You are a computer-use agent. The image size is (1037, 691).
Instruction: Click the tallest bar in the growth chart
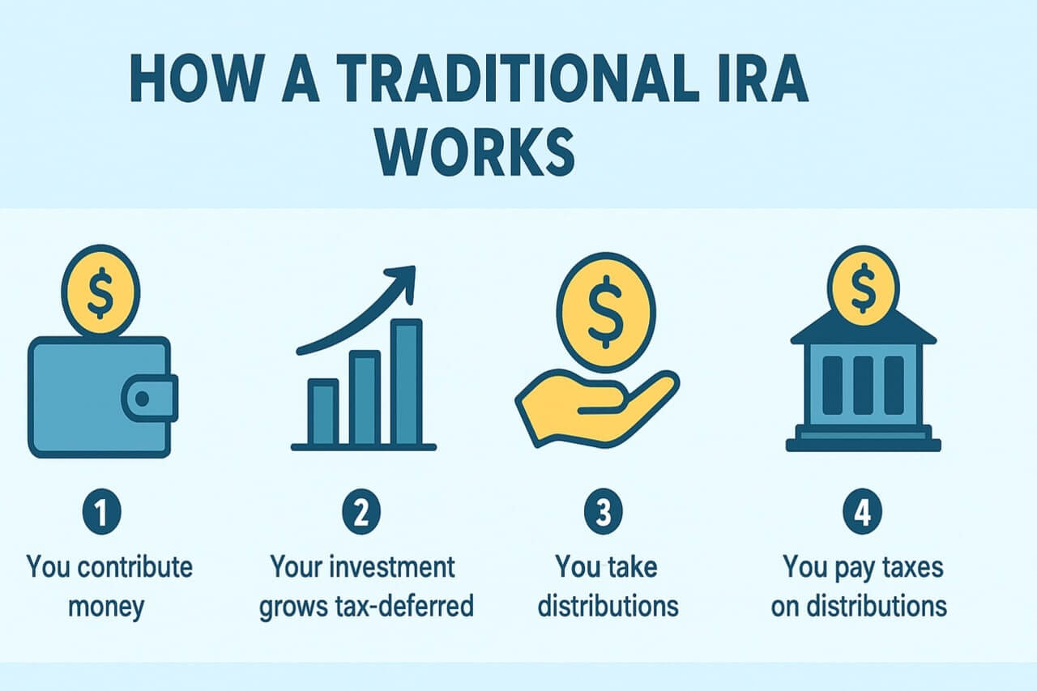pyautogui.click(x=407, y=382)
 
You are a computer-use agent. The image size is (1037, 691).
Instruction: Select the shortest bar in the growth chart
pyautogui.click(x=323, y=412)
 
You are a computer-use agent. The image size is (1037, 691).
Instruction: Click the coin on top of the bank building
pyautogui.click(x=864, y=286)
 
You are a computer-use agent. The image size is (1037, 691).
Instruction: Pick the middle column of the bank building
pyautogui.click(x=864, y=385)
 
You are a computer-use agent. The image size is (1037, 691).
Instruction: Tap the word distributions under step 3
pyautogui.click(x=608, y=607)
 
